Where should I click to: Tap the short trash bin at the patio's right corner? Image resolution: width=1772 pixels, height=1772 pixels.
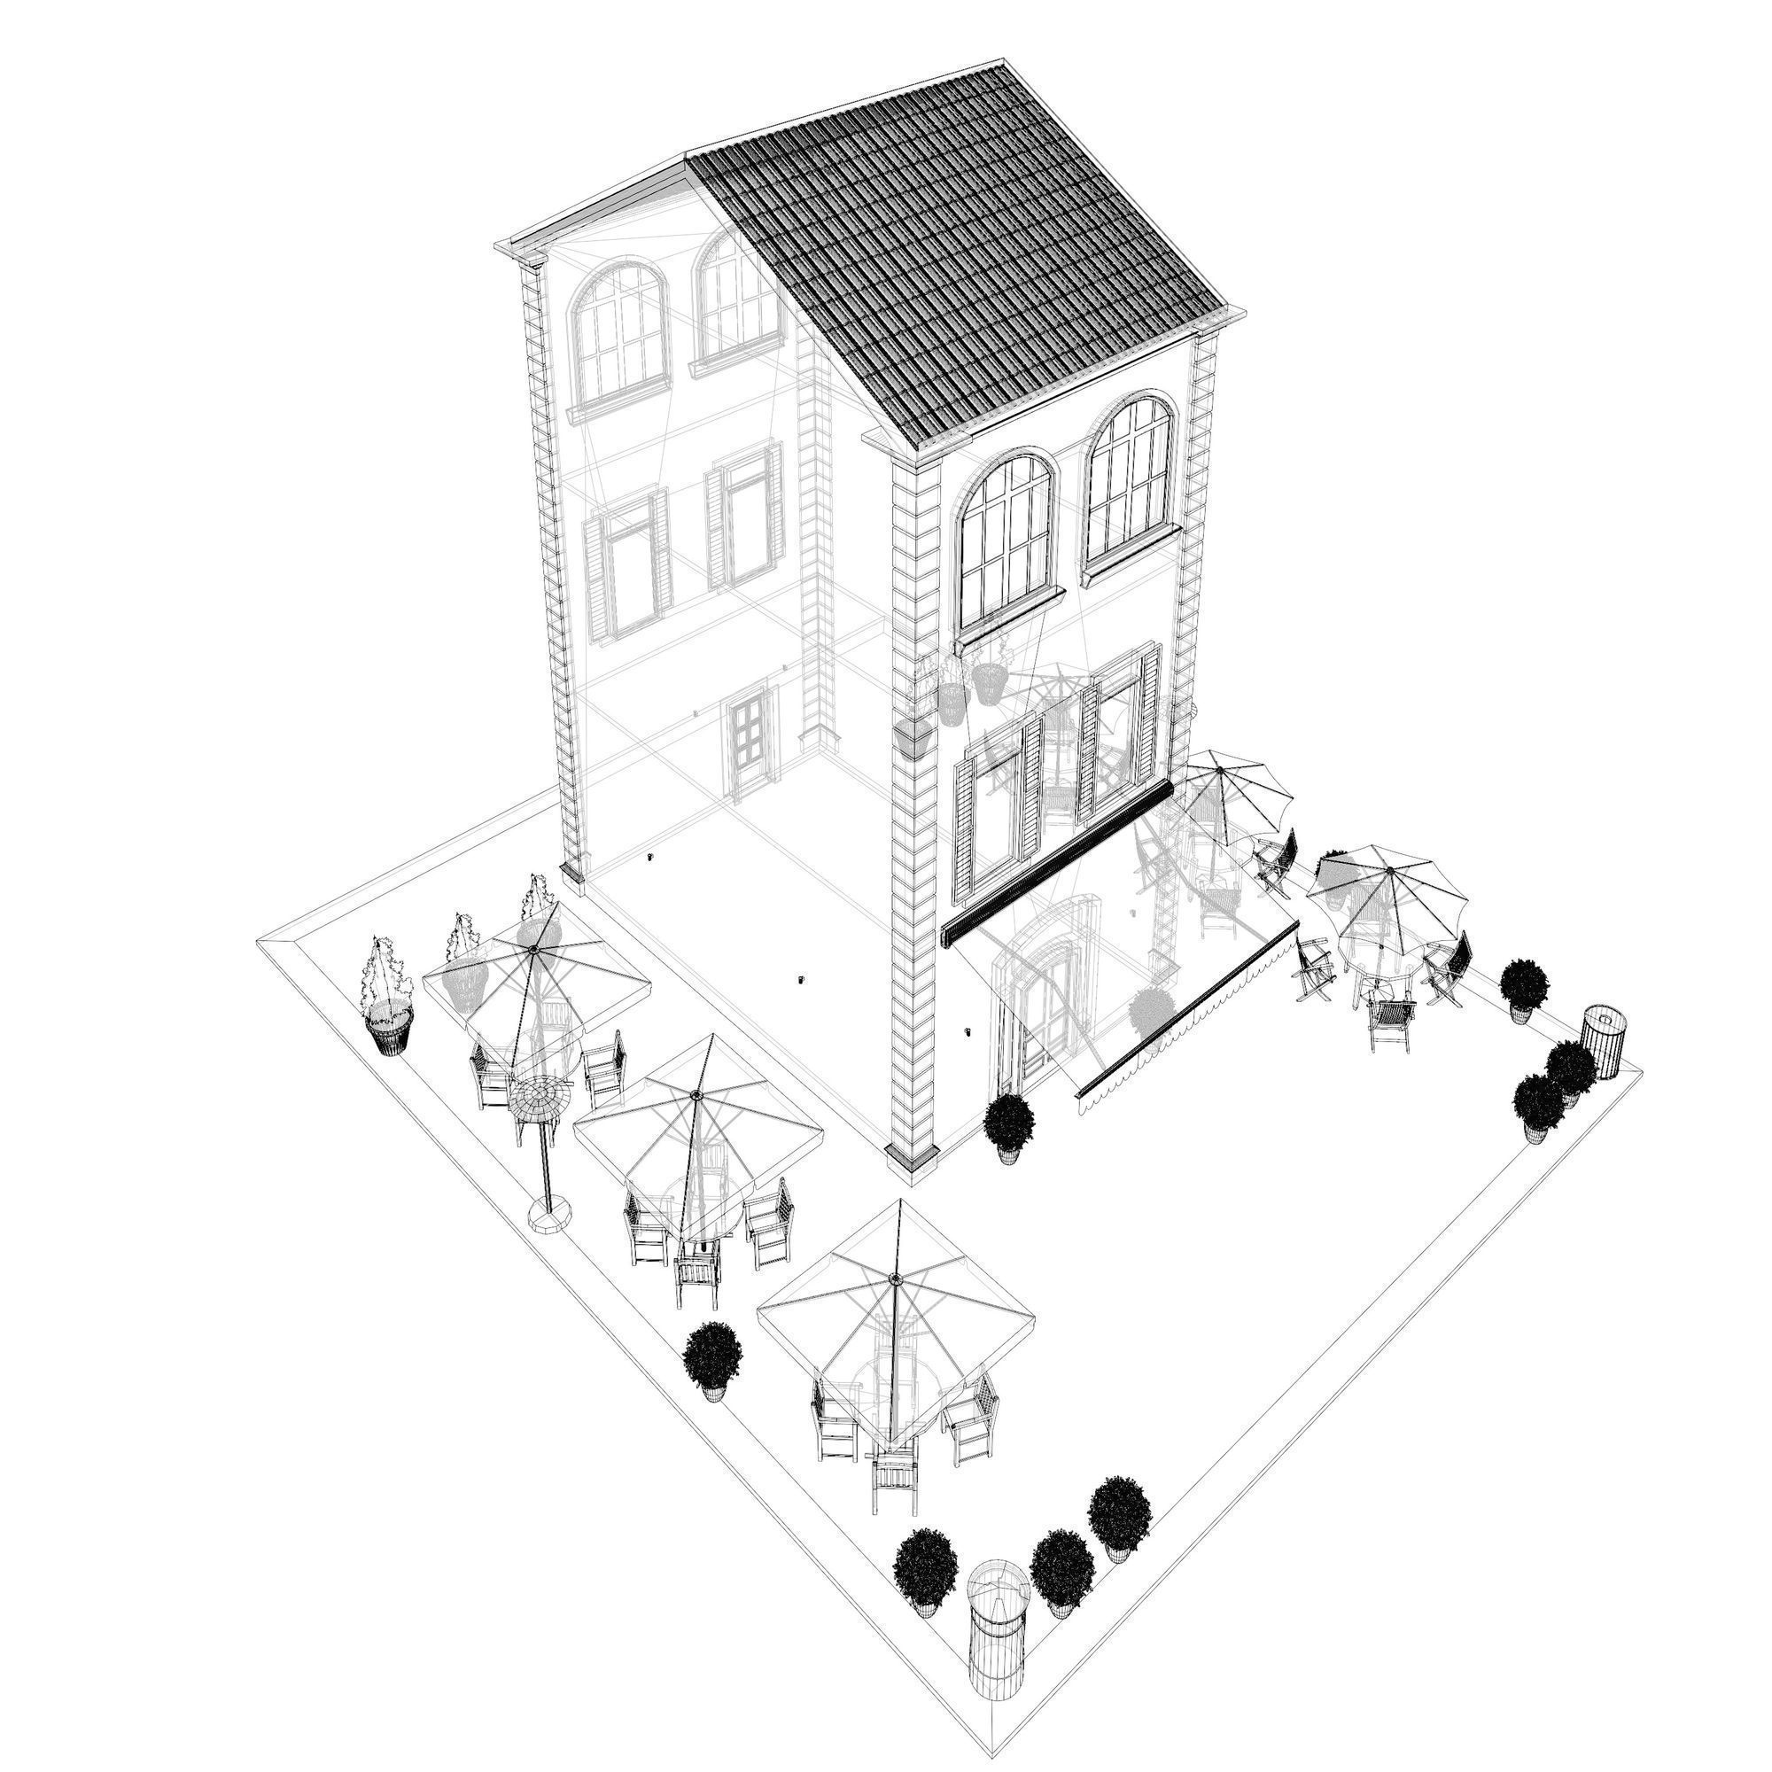tap(1602, 1043)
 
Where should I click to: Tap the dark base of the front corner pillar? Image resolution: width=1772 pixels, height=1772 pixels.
tap(912, 1157)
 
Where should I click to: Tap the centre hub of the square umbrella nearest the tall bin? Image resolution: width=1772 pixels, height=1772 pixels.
tap(894, 1279)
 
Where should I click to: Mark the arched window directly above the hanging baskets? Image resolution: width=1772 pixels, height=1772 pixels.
tap(1006, 541)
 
